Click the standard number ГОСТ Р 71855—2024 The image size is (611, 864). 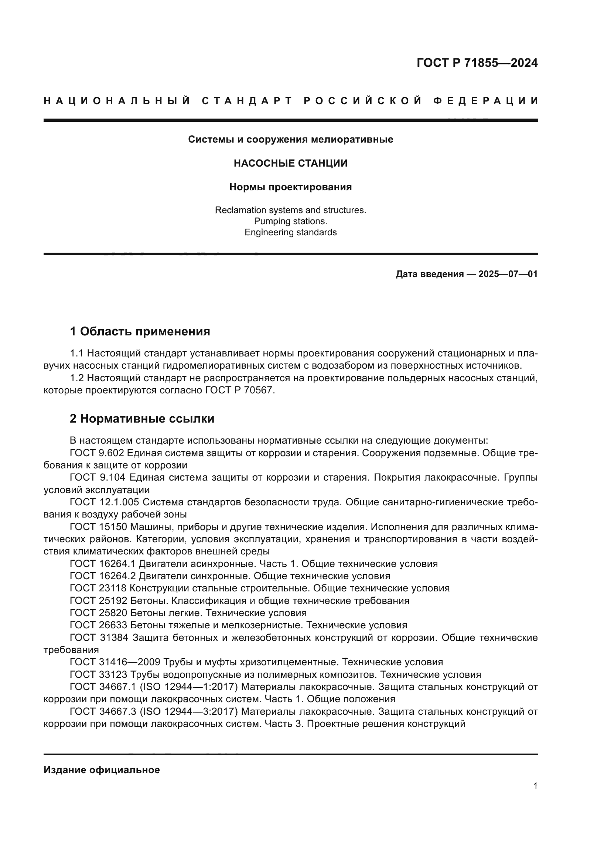[x=477, y=63]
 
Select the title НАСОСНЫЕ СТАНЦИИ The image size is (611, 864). [x=290, y=163]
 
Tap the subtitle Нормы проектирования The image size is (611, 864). [x=290, y=187]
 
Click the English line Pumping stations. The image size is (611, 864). [x=290, y=221]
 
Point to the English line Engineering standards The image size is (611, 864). [x=290, y=232]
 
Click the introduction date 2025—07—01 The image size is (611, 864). [x=508, y=274]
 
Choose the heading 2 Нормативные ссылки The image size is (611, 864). [x=142, y=419]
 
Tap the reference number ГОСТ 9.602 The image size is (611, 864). [x=97, y=453]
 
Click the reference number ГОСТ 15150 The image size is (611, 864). [x=98, y=527]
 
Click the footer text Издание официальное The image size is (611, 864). [x=102, y=770]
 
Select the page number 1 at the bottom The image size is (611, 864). [x=535, y=786]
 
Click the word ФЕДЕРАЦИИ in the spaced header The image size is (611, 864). [x=485, y=101]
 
